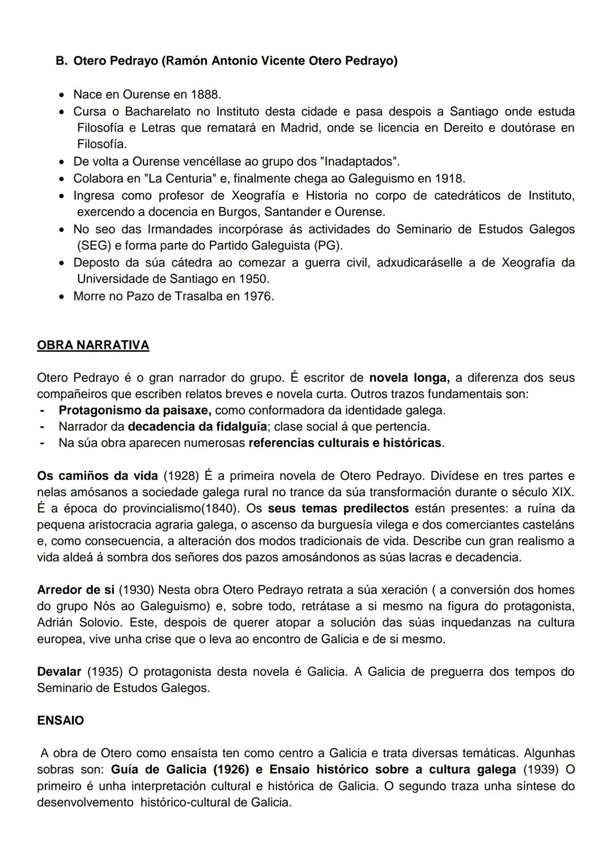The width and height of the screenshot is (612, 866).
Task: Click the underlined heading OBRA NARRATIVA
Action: pos(93,345)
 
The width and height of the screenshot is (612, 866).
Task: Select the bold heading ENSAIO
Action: pos(60,721)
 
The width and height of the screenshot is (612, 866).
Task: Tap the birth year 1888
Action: pos(205,94)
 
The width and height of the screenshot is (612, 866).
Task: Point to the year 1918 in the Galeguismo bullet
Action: pos(449,179)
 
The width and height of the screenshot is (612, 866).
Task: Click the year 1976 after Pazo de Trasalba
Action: pos(258,296)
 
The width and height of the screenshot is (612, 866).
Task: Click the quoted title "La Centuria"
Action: pos(180,179)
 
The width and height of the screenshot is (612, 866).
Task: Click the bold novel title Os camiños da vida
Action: pos(97,476)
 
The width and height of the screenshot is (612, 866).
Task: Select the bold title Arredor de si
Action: pos(75,590)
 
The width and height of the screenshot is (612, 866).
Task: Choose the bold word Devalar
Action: pos(59,671)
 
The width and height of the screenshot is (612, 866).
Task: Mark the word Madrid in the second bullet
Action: pos(301,128)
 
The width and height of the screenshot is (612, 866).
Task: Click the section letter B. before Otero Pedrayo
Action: pos(62,61)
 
